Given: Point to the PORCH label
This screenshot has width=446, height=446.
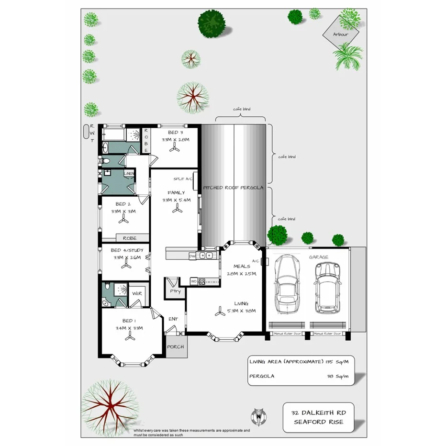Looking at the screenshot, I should tap(175, 348).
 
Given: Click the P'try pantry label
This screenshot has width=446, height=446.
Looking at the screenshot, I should tap(172, 290).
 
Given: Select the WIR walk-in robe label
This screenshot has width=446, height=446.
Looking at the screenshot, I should tap(137, 293).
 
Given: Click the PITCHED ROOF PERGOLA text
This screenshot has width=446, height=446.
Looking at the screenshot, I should tap(233, 188).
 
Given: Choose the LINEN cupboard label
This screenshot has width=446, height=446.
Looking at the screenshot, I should tap(129, 173).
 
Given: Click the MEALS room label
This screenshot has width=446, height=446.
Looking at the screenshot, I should tap(242, 266).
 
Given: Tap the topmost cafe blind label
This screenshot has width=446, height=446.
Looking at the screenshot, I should tap(242, 109).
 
